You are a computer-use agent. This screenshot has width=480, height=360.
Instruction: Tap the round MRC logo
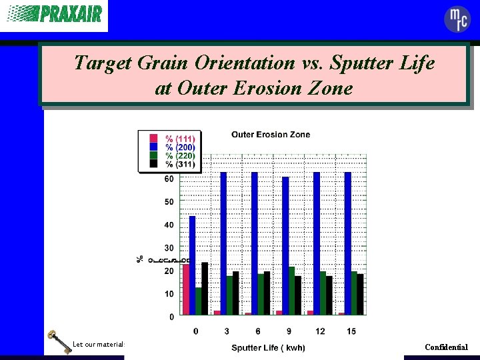(457, 19)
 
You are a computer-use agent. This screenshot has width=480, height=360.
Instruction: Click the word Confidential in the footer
(446, 347)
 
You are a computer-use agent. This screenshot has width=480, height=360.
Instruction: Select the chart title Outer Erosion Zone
(271, 135)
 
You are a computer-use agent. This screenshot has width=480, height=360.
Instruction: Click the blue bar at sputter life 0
(193, 265)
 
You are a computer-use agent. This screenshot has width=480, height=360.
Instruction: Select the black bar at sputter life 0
(205, 288)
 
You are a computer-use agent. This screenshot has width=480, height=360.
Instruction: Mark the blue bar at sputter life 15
(348, 243)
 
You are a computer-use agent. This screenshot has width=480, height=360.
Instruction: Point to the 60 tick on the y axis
(169, 179)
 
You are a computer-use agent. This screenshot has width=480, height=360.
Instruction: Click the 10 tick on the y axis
(169, 294)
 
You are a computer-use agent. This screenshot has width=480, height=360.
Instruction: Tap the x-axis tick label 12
(320, 331)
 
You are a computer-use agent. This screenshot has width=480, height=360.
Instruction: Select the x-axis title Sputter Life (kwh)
(268, 348)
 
